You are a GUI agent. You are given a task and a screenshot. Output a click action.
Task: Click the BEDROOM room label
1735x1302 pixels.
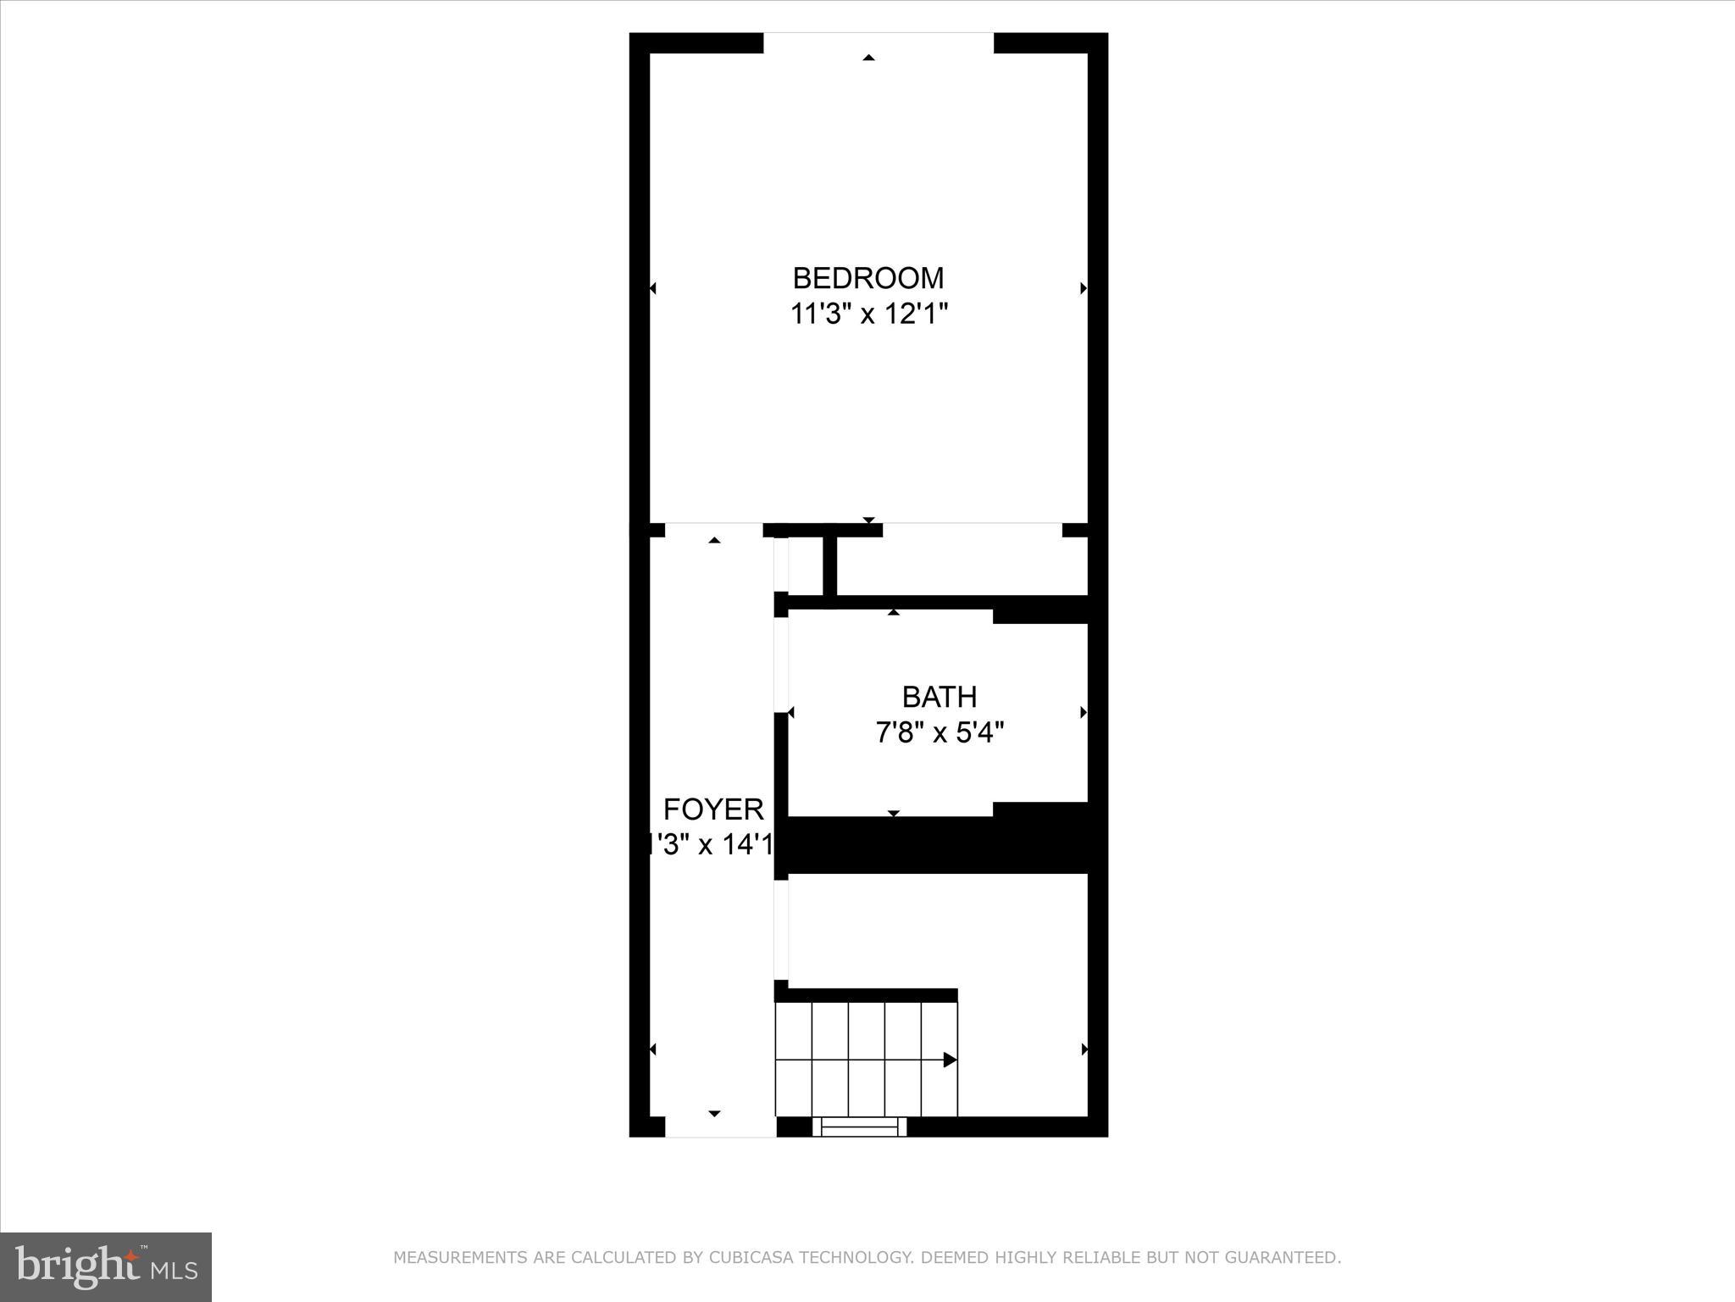coord(867,278)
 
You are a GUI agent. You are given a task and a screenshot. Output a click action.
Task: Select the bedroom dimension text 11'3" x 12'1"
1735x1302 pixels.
coord(868,314)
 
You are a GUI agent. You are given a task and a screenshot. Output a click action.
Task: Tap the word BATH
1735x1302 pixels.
coord(939,697)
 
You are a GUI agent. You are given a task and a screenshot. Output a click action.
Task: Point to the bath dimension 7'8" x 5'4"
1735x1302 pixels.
coord(939,732)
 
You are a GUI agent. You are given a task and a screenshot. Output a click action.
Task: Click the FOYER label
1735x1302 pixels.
coord(713,810)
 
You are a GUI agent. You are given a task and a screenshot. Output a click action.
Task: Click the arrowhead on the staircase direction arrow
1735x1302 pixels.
coord(951,1060)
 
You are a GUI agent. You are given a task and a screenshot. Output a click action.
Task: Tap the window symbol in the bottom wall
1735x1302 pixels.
coord(860,1127)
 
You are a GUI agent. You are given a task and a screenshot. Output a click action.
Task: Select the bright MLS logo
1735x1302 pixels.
coord(106,1266)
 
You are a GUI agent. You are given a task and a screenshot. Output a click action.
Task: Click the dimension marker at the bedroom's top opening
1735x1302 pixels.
coord(868,58)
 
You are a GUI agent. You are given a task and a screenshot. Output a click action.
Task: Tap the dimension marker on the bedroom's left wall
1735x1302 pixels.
coord(652,288)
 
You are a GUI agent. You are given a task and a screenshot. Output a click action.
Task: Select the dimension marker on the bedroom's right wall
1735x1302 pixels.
coord(1084,288)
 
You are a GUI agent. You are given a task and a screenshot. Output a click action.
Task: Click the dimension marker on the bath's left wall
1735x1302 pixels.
coord(791,713)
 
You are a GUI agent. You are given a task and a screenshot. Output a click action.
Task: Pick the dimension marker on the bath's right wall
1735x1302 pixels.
coord(1084,713)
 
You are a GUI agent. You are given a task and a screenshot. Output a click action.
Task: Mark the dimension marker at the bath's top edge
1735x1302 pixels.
coord(893,612)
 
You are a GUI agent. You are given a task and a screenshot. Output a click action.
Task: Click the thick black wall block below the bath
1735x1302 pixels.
coord(940,844)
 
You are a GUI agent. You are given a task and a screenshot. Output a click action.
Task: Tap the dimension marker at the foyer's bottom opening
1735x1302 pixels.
coord(714,1113)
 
